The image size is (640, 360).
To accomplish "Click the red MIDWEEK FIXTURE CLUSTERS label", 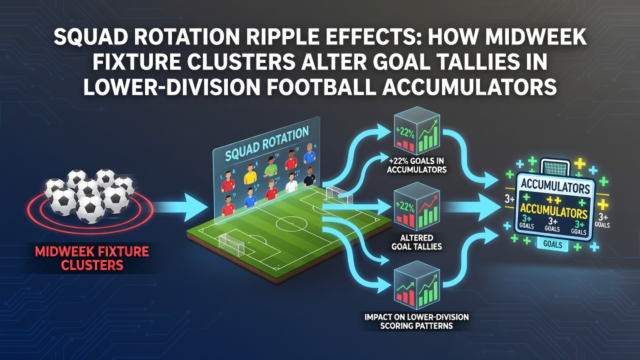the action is pyautogui.click(x=92, y=258).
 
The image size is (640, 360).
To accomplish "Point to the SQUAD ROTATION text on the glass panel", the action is pyautogui.click(x=266, y=143).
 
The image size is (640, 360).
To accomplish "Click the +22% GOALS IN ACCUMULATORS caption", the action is pyautogui.click(x=416, y=165).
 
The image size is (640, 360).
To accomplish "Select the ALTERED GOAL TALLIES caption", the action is pyautogui.click(x=416, y=241).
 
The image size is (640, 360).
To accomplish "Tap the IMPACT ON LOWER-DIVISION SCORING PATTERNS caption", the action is pyautogui.click(x=416, y=321).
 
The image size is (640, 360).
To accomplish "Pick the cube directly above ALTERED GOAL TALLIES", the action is pyautogui.click(x=416, y=208).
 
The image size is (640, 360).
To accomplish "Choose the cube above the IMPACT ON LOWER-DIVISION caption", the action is pyautogui.click(x=416, y=286).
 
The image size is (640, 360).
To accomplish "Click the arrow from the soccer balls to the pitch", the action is pyautogui.click(x=180, y=207).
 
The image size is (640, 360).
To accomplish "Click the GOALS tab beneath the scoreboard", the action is pyautogui.click(x=552, y=244).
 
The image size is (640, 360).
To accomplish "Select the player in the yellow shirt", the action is pyautogui.click(x=250, y=173).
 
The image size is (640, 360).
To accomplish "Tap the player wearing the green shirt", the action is pyautogui.click(x=270, y=165).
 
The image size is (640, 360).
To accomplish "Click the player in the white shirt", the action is pyautogui.click(x=291, y=183).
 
